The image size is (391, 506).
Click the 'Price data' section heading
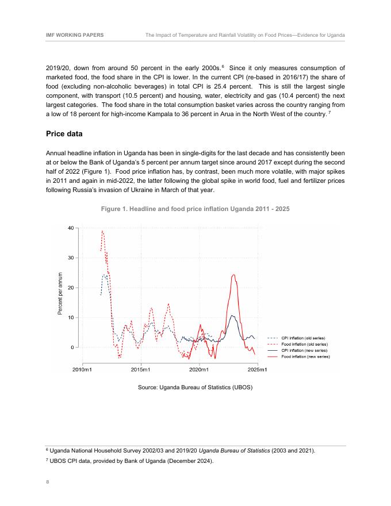point(66,134)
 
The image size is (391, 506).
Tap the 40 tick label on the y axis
point(70,228)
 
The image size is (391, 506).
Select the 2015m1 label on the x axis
point(141,368)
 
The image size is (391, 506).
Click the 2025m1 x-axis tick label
point(258,368)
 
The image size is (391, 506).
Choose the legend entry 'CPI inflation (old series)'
point(305,338)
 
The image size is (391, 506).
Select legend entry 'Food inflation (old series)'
point(305,344)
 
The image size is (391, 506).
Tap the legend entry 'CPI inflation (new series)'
point(305,350)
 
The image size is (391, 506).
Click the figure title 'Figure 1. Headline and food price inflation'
point(195,208)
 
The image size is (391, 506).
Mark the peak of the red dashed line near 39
point(102,231)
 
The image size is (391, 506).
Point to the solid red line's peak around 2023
point(233,275)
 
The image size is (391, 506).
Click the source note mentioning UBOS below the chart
point(195,387)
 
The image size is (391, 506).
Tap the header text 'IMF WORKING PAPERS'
point(75,35)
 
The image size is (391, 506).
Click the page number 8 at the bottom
point(47,483)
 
